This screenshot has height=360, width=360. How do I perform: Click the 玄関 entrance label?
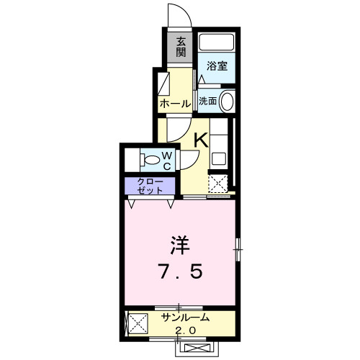180,48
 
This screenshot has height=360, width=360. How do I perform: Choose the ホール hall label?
175,104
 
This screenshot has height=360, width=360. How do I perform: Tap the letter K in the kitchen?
200,139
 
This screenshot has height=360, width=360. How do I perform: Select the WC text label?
166,158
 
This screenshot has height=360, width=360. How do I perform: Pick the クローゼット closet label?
148,186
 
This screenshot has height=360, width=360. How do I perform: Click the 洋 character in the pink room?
180,244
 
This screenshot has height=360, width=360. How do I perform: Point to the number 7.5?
181,272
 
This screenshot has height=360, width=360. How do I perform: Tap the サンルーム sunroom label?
185,318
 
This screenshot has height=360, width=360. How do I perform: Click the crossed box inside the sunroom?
135,323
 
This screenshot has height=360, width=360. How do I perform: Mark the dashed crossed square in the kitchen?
218,183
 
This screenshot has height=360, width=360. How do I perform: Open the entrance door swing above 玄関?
178,14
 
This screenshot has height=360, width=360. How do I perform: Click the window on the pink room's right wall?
238,250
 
